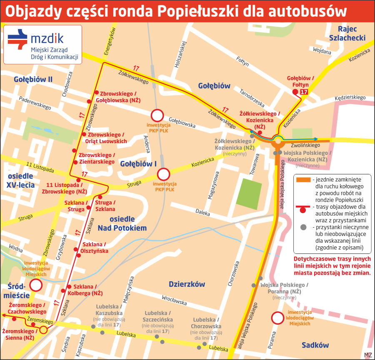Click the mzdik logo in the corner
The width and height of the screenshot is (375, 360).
click(43, 44)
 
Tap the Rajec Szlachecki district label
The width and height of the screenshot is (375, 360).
click(347, 33)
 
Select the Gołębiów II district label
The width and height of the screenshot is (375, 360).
click(33, 79)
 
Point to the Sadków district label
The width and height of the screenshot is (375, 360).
click(315, 345)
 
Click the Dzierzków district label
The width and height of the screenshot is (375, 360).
click(187, 284)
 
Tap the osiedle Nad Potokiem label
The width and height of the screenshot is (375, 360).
click(122, 223)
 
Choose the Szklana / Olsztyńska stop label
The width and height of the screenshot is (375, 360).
click(95, 248)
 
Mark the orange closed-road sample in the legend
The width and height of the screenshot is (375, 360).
click(303, 180)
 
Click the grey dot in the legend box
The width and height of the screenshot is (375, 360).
click(303, 227)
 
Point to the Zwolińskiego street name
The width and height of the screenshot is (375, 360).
click(305, 145)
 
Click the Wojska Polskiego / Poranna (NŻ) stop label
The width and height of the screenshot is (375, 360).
click(284, 288)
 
